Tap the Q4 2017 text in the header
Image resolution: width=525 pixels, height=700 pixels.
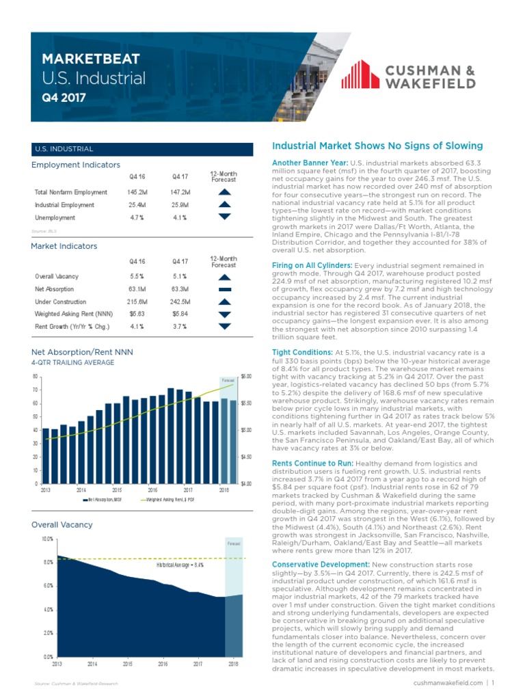pos(64,97)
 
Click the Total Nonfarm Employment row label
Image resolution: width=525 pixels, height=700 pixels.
pos(71,192)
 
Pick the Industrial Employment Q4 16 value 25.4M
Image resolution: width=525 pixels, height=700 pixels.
pos(136,204)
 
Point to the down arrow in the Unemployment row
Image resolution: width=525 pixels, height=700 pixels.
pos(224,217)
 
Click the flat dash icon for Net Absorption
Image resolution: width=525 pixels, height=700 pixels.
pos(224,289)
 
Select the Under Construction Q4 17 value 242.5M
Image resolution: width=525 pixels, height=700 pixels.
pos(181,301)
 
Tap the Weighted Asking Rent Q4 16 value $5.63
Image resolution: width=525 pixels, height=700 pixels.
pos(136,314)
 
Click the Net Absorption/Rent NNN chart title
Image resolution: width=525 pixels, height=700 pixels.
pos(83,352)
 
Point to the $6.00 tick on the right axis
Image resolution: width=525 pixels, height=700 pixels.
pos(247,376)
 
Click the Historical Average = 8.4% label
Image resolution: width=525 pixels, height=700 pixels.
pos(179,565)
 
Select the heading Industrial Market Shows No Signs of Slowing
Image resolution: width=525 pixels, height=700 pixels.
pos(377,146)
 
